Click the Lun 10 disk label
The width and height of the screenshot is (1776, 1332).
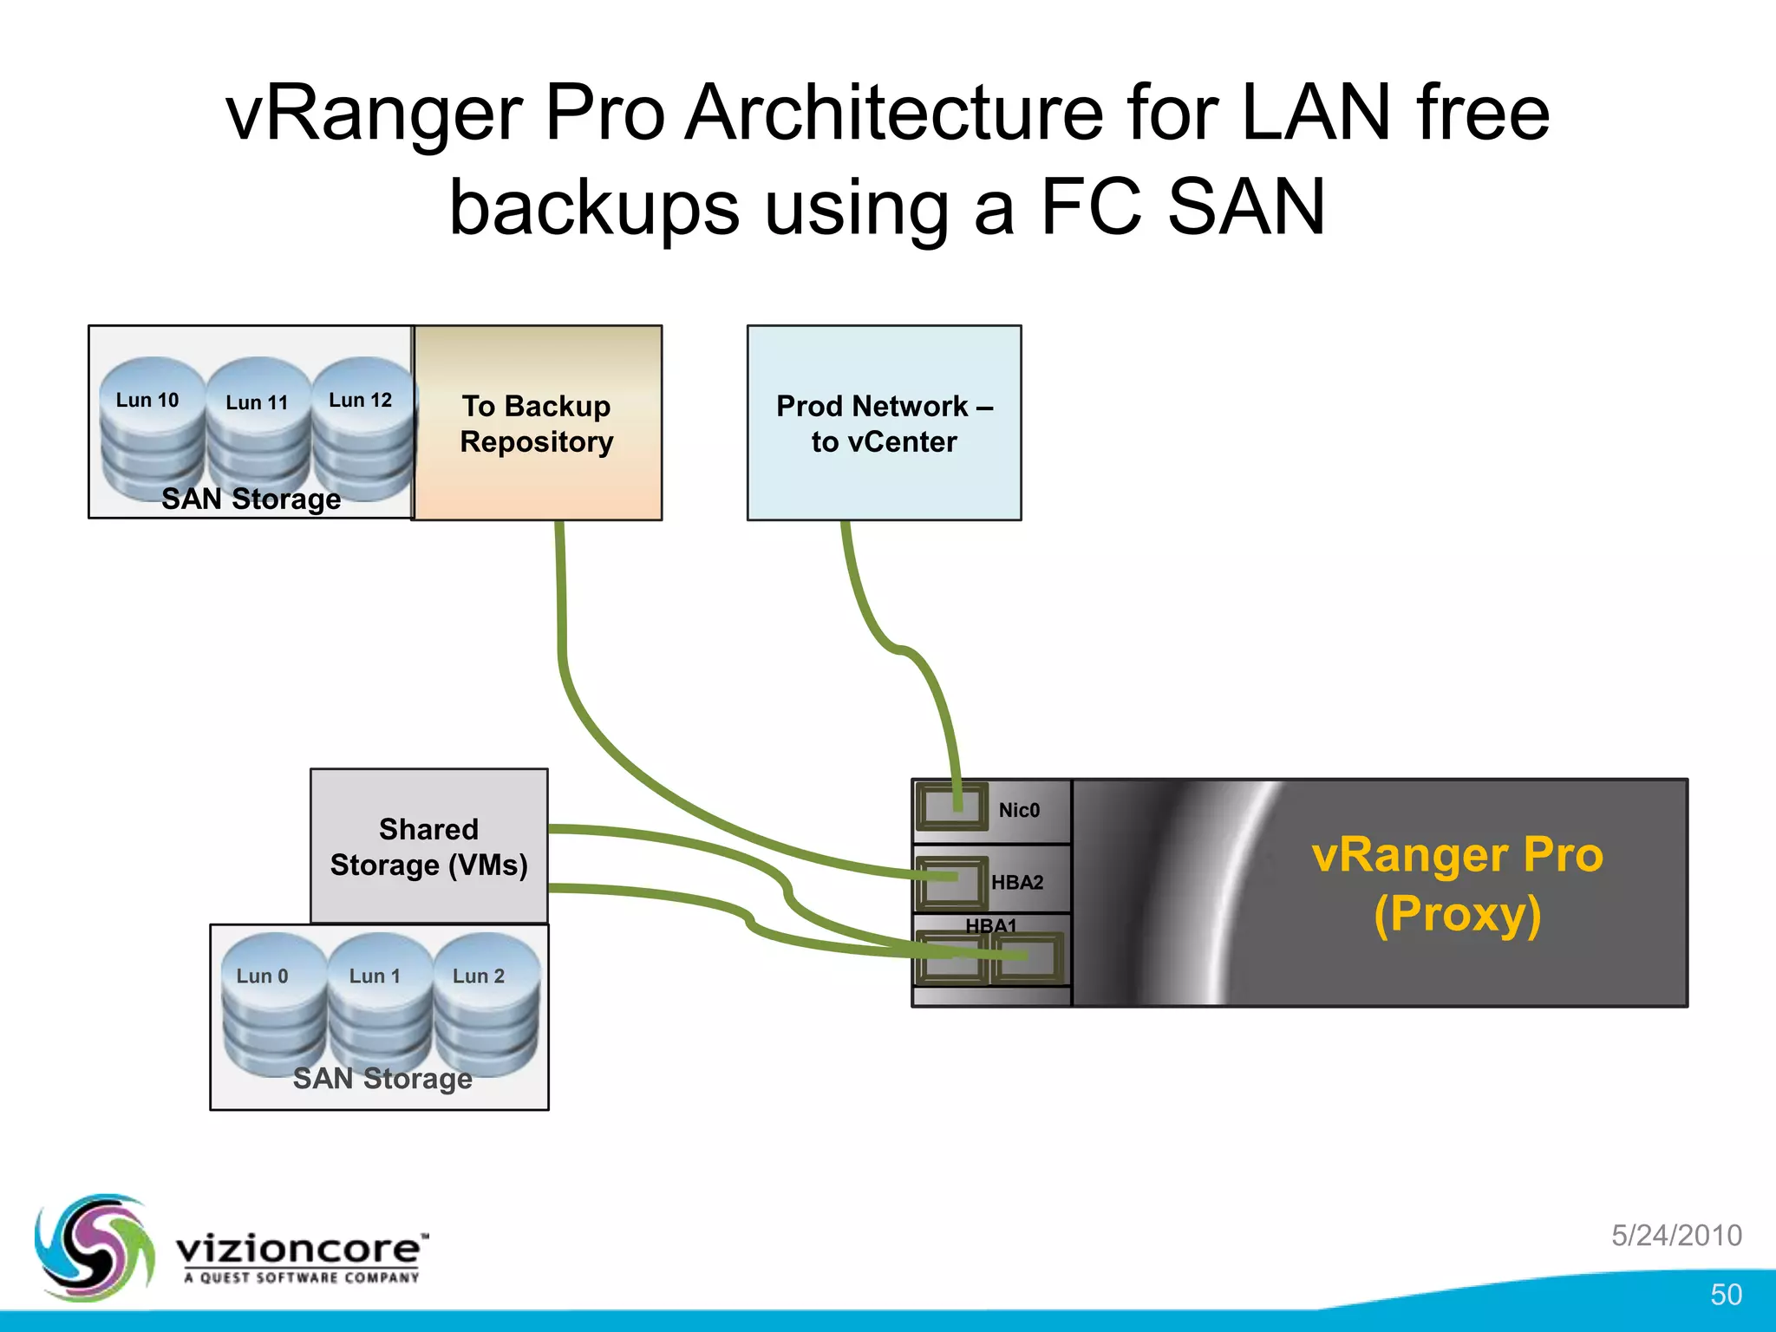(147, 401)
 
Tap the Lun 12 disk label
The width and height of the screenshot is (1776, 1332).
(360, 400)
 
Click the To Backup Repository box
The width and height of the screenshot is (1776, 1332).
(537, 423)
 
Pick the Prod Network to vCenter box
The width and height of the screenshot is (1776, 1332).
(884, 423)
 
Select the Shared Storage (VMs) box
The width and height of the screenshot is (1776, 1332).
(428, 846)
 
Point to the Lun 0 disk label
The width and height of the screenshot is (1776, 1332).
(262, 976)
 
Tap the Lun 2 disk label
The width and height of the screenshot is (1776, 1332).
(479, 976)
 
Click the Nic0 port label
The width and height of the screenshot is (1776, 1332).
(1019, 810)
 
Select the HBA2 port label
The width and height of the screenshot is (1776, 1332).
(1017, 883)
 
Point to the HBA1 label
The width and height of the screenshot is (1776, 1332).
(990, 925)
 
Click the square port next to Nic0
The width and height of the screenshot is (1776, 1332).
(951, 806)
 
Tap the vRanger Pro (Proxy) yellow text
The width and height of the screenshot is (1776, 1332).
(1457, 885)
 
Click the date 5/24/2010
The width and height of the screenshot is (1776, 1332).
(1676, 1235)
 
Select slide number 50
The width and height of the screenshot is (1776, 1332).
(1726, 1295)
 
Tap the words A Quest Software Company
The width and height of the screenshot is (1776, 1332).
(301, 1277)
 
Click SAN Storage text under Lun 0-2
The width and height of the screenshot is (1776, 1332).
(382, 1078)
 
